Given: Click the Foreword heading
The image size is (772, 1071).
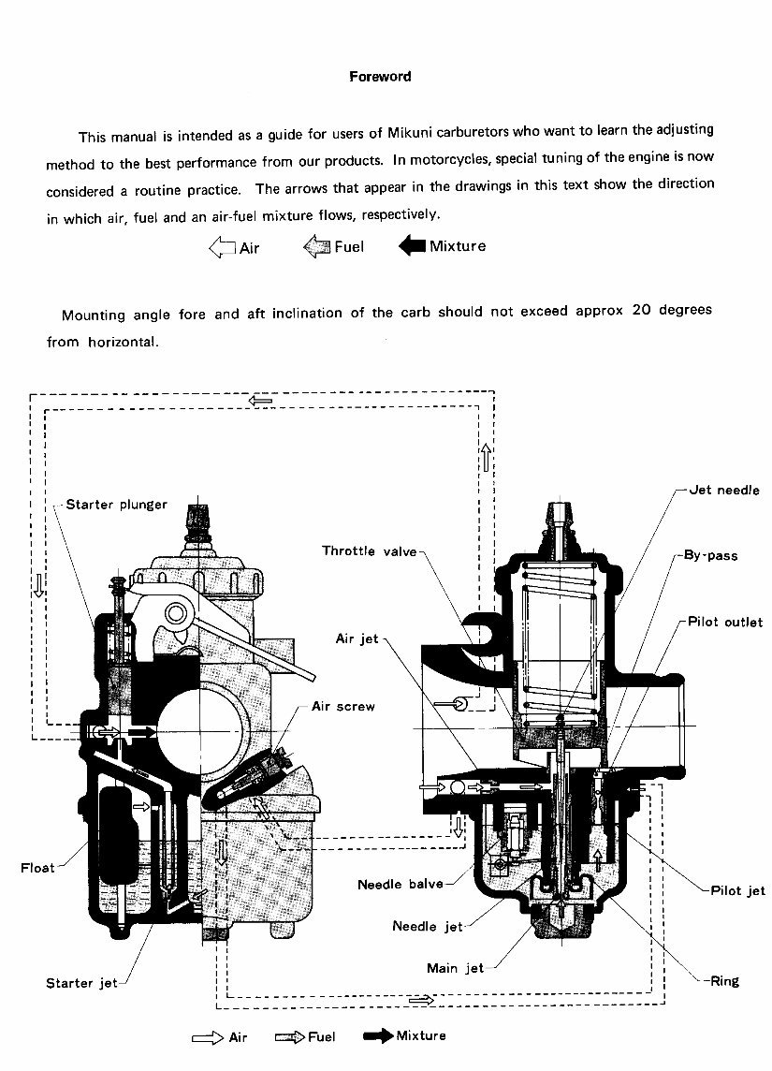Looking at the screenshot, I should pyautogui.click(x=380, y=77).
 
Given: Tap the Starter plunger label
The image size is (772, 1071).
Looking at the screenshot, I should pyautogui.click(x=116, y=505).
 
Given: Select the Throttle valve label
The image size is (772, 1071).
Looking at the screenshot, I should pyautogui.click(x=369, y=551).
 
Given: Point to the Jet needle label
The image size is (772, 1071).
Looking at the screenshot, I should pyautogui.click(x=724, y=491).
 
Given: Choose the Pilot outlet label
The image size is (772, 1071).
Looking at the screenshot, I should pyautogui.click(x=725, y=622).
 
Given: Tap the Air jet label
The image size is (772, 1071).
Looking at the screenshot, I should pyautogui.click(x=357, y=638).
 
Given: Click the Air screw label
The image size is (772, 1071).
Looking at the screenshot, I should pyautogui.click(x=342, y=707).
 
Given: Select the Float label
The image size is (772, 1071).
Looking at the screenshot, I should pyautogui.click(x=37, y=868).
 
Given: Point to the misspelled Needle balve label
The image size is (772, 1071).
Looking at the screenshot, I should pyautogui.click(x=401, y=884).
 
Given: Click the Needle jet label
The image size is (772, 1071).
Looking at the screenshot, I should pyautogui.click(x=428, y=927).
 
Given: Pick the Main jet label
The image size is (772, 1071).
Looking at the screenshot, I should pyautogui.click(x=455, y=968).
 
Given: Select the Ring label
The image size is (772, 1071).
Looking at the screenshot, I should pyautogui.click(x=724, y=981).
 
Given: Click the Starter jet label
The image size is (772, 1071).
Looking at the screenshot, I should pyautogui.click(x=82, y=983).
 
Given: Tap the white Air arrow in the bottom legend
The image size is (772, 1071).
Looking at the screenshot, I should pyautogui.click(x=207, y=1037).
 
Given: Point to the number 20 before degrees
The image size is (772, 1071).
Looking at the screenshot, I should pyautogui.click(x=642, y=311).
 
